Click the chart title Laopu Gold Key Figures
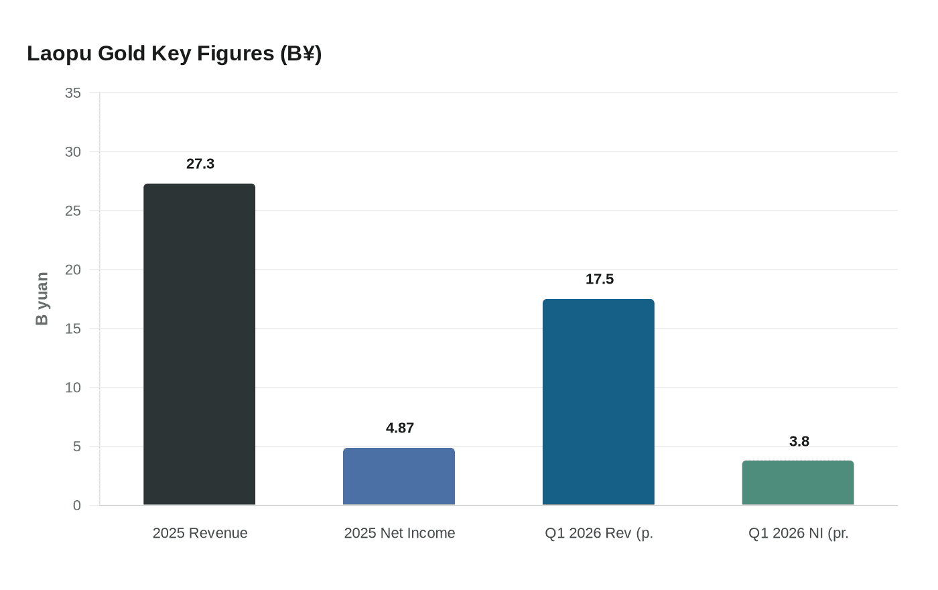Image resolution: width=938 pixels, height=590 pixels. (174, 54)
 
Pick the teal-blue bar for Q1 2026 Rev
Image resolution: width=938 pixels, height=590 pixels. (598, 402)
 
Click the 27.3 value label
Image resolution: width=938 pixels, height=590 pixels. (200, 164)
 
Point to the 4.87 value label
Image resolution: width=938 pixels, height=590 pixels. (400, 428)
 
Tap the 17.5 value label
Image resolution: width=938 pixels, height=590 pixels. (600, 280)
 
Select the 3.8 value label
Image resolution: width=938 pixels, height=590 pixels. (799, 442)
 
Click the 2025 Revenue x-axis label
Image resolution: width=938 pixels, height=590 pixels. (200, 533)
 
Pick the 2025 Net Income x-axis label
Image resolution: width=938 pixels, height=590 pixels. (399, 533)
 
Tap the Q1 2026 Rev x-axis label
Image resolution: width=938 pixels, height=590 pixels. (599, 533)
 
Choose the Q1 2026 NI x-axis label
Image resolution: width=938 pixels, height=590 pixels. (799, 533)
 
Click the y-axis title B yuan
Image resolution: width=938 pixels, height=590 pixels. (42, 299)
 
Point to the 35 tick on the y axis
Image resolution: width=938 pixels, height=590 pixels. (73, 93)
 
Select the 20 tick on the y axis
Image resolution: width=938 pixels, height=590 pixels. (73, 270)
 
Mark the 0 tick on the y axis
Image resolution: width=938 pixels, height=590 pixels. (77, 506)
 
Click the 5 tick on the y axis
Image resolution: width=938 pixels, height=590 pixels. (77, 447)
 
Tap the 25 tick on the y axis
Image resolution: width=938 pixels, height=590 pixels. (73, 211)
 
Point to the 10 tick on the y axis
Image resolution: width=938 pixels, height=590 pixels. (73, 388)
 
